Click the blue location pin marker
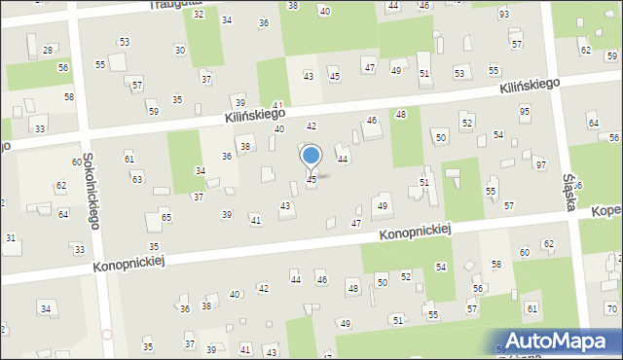311,157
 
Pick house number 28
48,51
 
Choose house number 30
180,50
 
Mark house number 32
199,14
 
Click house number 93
504,15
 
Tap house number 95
525,112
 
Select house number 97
541,165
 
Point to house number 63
137,179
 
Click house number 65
166,217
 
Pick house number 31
11,238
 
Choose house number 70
611,309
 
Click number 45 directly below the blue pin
311,179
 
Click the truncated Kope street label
605,211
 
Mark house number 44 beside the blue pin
343,159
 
